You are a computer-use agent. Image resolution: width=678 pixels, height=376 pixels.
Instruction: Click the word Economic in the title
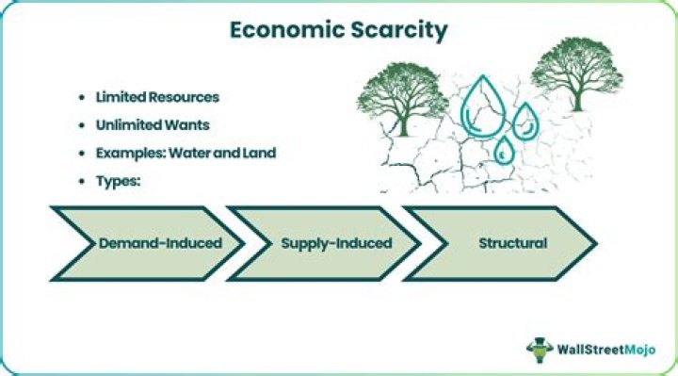point(275,29)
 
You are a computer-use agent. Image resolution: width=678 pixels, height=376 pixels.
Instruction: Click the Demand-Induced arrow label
point(160,243)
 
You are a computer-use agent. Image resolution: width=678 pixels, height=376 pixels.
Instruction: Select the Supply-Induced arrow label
point(336,243)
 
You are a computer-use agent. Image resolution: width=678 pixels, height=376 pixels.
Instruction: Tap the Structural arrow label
point(512,243)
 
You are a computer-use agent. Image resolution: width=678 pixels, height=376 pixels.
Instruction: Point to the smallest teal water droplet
point(505,149)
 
